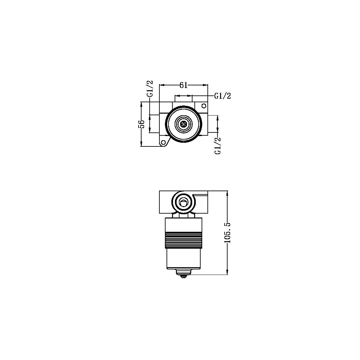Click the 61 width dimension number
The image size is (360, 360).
click(183, 85)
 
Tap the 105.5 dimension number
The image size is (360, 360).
click(227, 233)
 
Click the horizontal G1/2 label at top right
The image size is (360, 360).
click(222, 96)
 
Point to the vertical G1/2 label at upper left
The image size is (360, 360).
click(150, 89)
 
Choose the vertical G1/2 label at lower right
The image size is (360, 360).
click(218, 145)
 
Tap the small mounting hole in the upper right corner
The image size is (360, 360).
click(204, 106)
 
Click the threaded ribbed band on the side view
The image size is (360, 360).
click(184, 240)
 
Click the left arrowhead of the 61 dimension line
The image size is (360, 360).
click(161, 85)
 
